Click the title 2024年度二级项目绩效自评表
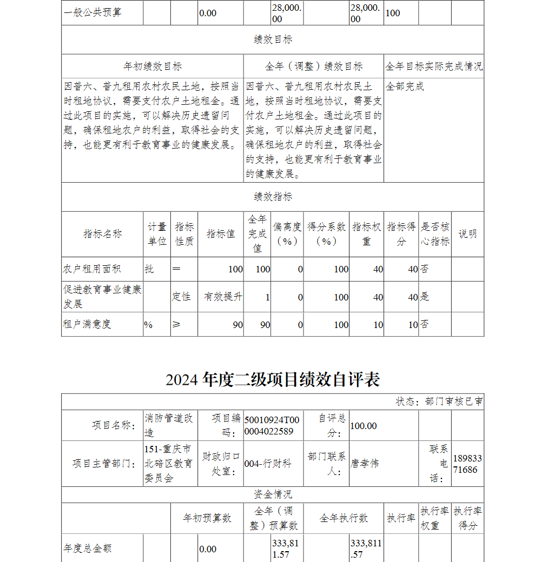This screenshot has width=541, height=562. pyautogui.click(x=273, y=379)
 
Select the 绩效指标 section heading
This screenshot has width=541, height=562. pyautogui.click(x=273, y=197)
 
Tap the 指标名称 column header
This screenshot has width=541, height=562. pyautogui.click(x=102, y=234)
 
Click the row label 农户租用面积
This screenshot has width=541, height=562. pyautogui.click(x=92, y=269)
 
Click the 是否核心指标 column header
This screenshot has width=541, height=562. pyautogui.click(x=435, y=234)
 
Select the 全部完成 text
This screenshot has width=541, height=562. pyautogui.click(x=405, y=86)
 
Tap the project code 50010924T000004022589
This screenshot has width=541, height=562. pyautogui.click(x=272, y=425)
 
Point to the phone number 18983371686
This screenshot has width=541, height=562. pyautogui.click(x=467, y=464)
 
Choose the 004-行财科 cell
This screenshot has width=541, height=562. pyautogui.click(x=268, y=463)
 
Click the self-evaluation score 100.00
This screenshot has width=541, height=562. pyautogui.click(x=364, y=426)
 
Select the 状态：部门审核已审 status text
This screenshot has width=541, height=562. pyautogui.click(x=439, y=402)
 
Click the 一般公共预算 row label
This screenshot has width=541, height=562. pyautogui.click(x=93, y=12)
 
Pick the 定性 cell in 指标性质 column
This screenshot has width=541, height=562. pyautogui.click(x=182, y=297)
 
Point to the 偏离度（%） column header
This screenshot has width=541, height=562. pyautogui.click(x=287, y=234)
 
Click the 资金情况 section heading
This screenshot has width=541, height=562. pyautogui.click(x=273, y=494)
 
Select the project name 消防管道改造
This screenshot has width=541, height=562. pyautogui.click(x=168, y=425)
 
